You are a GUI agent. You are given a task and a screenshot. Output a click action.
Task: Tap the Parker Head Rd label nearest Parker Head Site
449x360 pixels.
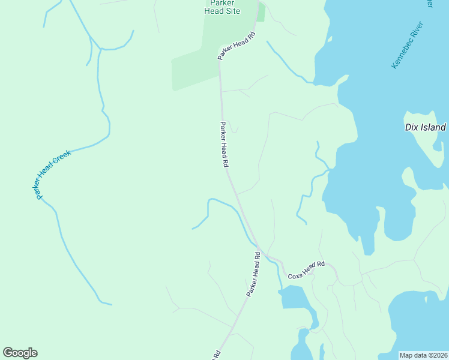click(237, 45)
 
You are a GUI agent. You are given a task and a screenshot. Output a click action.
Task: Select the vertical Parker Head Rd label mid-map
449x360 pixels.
click(224, 145)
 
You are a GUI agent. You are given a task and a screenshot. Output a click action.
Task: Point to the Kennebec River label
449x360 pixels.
click(408, 45)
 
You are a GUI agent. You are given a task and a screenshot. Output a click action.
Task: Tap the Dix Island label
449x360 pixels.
click(425, 127)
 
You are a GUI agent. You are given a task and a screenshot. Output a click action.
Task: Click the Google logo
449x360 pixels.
click(20, 353)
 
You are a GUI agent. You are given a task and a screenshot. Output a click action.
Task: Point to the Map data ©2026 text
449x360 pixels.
click(423, 355)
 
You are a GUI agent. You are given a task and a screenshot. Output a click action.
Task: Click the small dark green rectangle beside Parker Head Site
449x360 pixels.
click(261, 12)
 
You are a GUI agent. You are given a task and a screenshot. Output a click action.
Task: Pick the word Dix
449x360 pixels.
click(411, 127)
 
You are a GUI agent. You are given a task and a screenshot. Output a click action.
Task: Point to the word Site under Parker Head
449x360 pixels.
click(232, 11)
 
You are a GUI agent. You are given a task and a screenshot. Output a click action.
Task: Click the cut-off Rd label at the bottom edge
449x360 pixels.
click(215, 355)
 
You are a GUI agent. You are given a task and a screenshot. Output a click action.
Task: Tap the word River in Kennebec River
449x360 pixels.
click(417, 30)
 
